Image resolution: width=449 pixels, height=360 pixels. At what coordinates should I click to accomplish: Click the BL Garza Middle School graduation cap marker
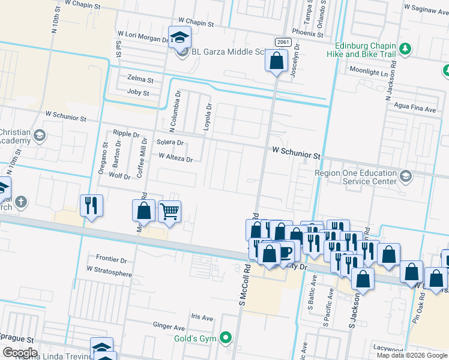click(179, 38)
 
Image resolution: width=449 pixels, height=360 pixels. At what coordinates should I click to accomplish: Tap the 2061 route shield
click(283, 41)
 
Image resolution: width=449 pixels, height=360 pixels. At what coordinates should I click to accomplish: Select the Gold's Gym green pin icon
click(226, 338)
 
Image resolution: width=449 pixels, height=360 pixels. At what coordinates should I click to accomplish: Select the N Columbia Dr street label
click(175, 112)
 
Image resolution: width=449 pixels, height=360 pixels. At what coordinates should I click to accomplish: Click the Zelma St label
click(140, 79)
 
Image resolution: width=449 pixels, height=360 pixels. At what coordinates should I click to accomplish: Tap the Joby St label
click(137, 92)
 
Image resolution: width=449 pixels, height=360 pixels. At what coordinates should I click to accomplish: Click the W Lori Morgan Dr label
click(143, 37)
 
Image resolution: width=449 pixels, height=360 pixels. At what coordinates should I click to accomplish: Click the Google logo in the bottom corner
click(20, 353)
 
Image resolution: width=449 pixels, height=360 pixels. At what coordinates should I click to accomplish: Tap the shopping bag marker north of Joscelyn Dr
click(276, 61)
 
